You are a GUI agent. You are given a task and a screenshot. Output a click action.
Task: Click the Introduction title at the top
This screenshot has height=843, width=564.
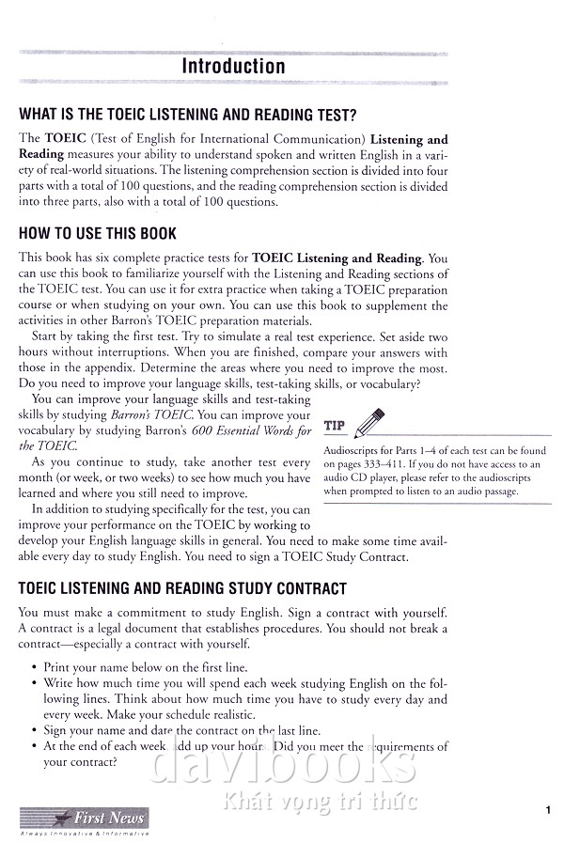click(233, 67)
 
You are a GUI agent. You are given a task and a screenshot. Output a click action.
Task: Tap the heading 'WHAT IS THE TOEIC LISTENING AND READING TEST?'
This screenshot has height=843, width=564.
click(187, 116)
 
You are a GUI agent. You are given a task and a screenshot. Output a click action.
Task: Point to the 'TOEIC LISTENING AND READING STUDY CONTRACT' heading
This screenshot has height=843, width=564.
click(182, 589)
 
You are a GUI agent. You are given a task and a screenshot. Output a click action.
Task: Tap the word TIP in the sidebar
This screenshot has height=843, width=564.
click(334, 426)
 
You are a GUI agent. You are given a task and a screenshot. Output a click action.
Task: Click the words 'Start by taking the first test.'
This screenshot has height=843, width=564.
click(114, 336)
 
